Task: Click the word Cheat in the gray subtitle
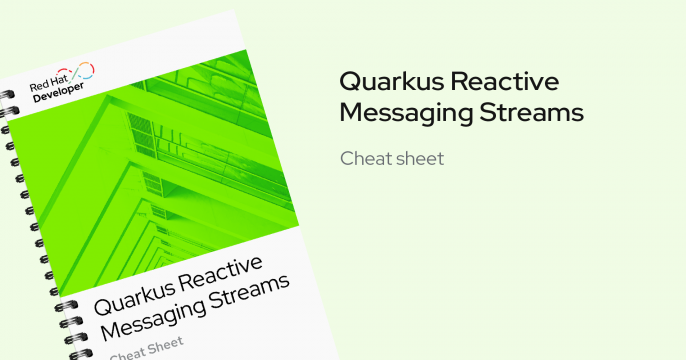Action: [x=363, y=158]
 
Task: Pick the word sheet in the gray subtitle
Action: [x=420, y=158]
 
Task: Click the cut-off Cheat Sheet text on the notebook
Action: [x=140, y=349]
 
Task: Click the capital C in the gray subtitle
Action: [x=347, y=158]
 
